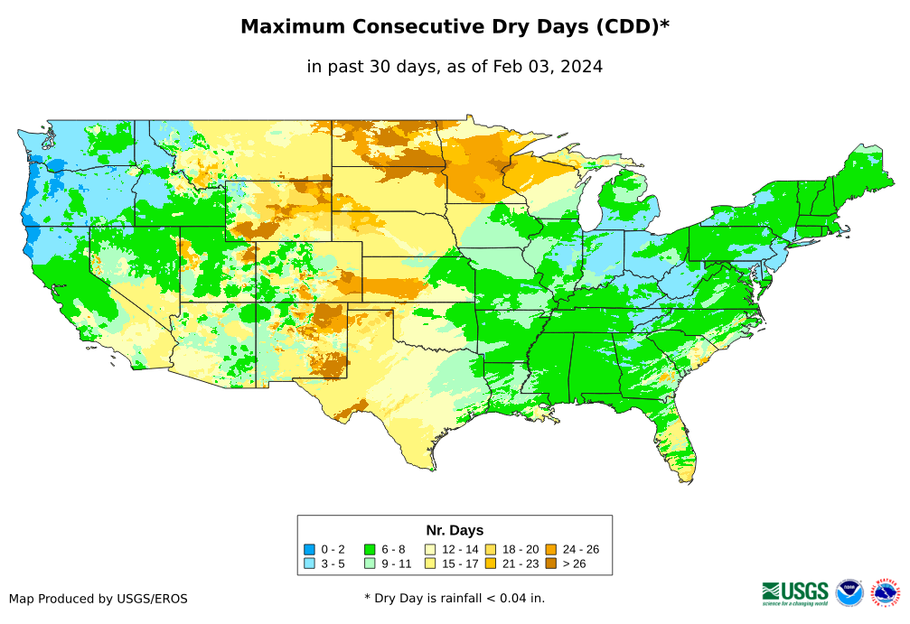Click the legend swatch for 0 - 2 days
tap(309, 549)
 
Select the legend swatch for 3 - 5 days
tap(309, 563)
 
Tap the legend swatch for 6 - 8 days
tap(369, 549)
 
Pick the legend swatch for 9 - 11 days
tap(369, 563)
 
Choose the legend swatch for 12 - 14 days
tap(429, 549)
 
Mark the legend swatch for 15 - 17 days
tap(429, 563)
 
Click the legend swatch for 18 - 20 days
tap(490, 549)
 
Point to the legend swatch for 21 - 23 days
tap(490, 563)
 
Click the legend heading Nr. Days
tap(455, 530)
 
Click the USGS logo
tap(795, 592)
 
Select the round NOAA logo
tap(849, 592)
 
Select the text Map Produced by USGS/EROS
tap(99, 599)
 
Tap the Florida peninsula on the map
tap(680, 447)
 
